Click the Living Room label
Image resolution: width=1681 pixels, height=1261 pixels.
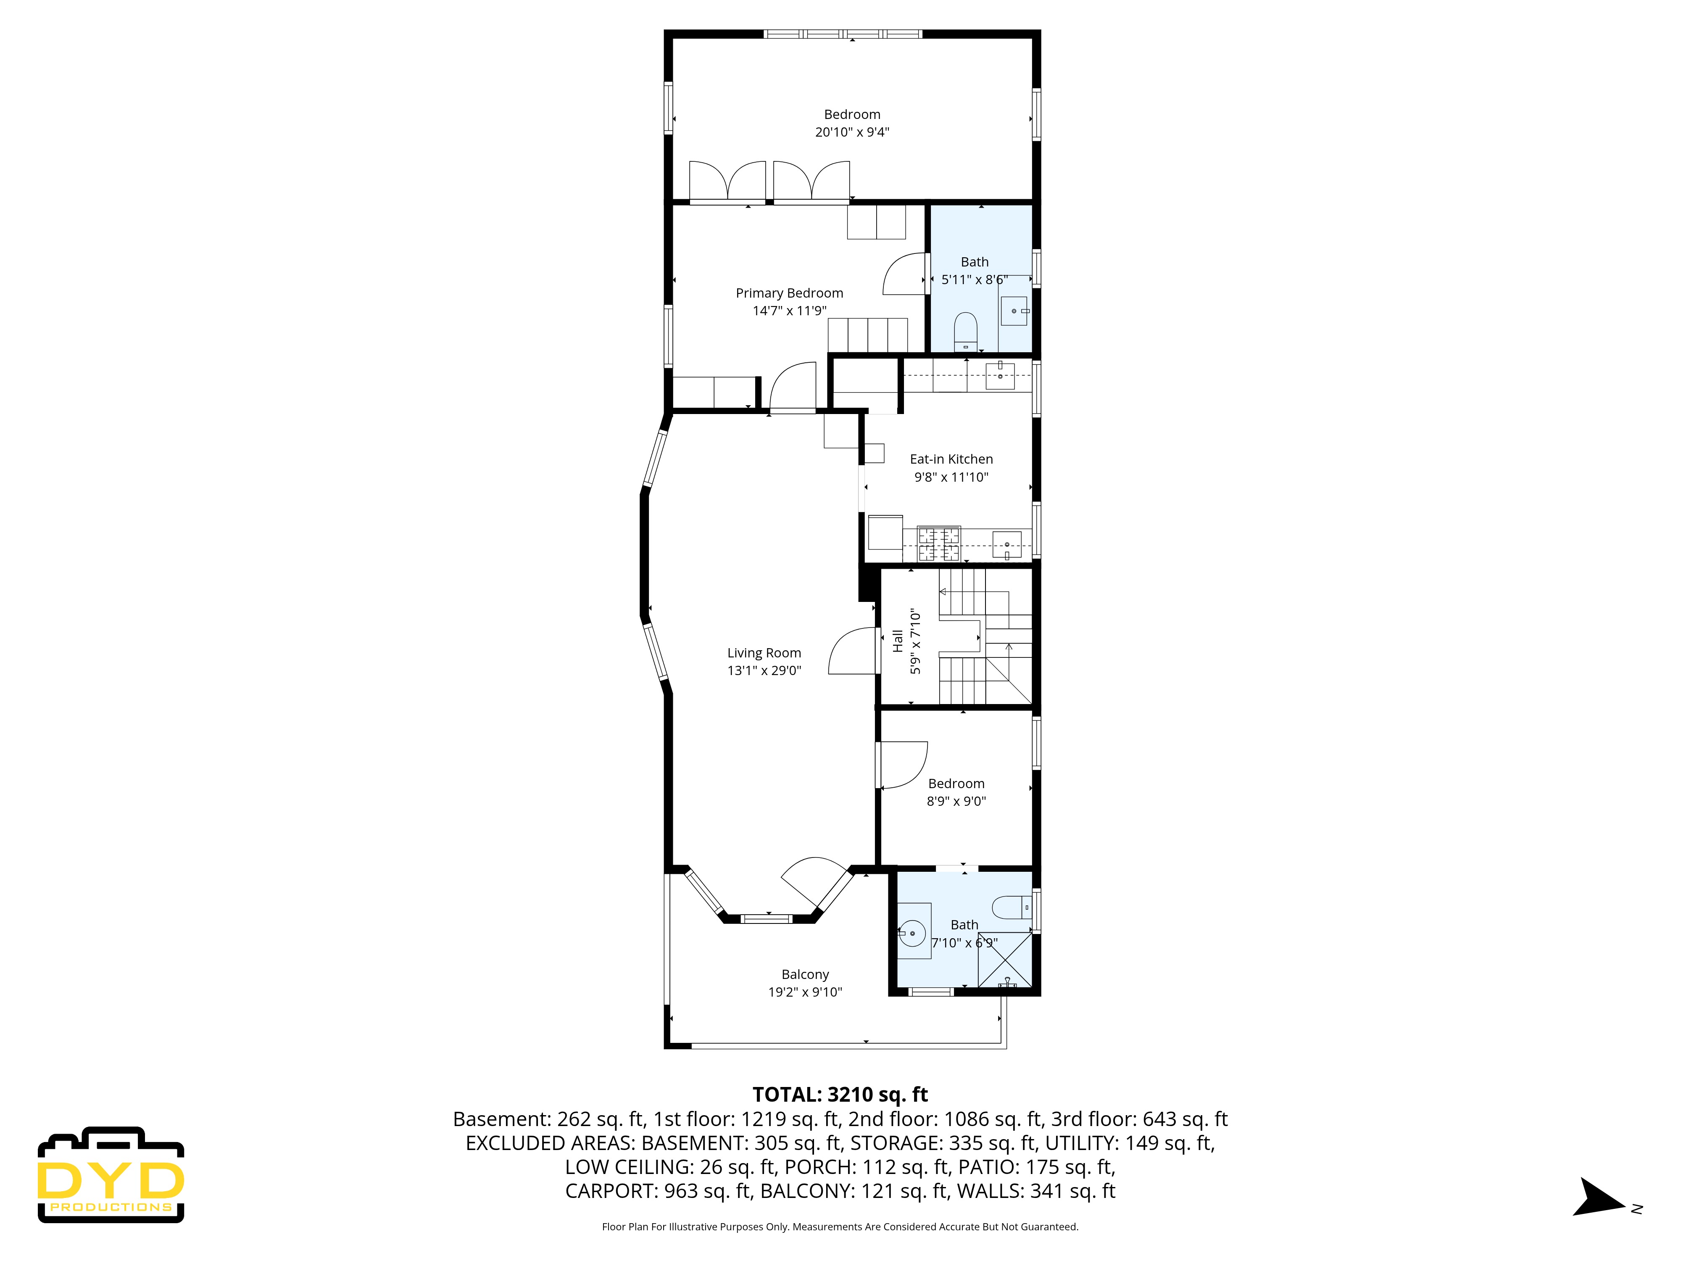[764, 653]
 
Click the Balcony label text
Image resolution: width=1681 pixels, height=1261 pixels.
[805, 974]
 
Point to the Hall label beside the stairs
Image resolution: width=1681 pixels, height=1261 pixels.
[898, 641]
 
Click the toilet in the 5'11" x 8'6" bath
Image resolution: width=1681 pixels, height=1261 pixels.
[965, 331]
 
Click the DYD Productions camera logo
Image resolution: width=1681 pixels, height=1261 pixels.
[111, 1174]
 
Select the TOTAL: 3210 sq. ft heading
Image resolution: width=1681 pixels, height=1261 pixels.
[840, 1095]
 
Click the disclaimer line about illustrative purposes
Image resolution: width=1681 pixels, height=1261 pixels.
[840, 1227]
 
